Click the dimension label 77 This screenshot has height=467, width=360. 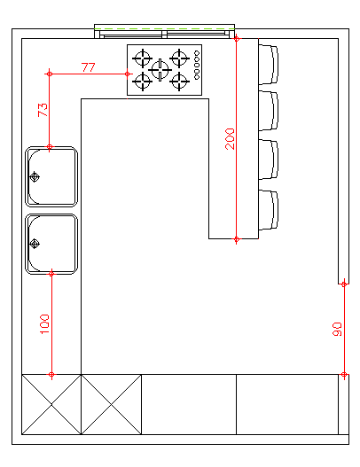point(89,67)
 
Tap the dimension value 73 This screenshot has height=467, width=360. point(43,110)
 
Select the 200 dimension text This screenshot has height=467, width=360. point(230,139)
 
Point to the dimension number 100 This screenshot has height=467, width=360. point(44,324)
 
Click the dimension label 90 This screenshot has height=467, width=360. point(337,329)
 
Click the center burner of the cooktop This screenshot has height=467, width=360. point(160,70)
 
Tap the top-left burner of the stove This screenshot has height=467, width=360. point(142,58)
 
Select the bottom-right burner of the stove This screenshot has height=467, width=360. point(179,81)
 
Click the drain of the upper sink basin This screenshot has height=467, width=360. point(35,177)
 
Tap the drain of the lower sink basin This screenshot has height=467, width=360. point(35,244)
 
